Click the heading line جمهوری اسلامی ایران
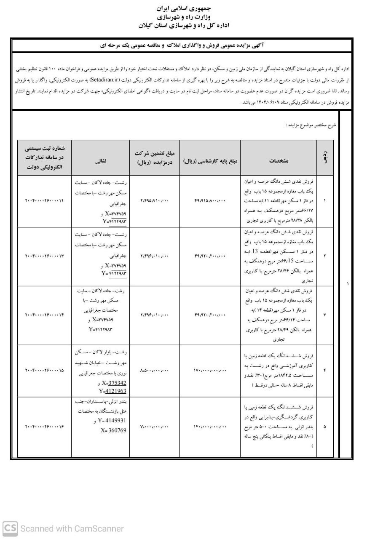(183, 8)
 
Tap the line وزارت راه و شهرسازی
(183, 17)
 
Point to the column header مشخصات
(279, 160)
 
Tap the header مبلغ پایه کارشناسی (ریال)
(211, 160)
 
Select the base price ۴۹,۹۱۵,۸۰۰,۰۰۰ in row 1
(210, 201)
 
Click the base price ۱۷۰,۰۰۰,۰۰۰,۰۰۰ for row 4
(210, 371)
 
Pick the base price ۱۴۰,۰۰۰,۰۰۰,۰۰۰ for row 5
(210, 427)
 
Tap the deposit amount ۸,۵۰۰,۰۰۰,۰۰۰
(155, 371)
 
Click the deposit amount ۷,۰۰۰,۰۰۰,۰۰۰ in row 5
(155, 427)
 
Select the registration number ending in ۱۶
(45, 427)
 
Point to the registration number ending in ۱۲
(45, 201)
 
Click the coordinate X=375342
(114, 383)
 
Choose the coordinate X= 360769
(113, 430)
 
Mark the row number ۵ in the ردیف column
(324, 427)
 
